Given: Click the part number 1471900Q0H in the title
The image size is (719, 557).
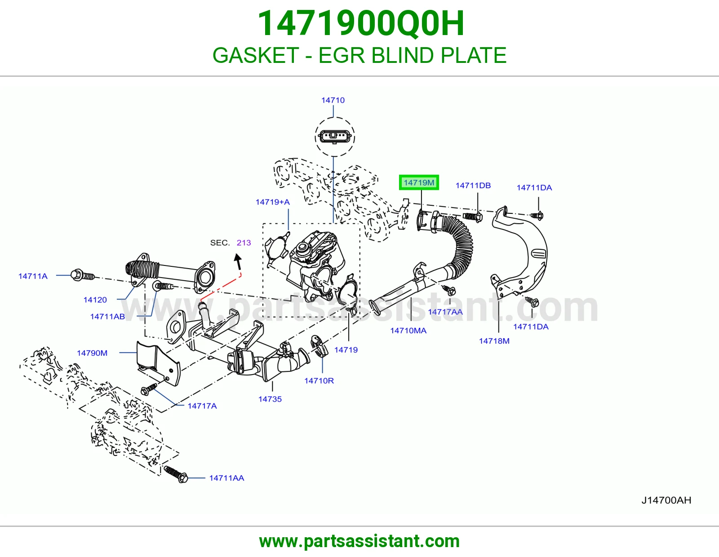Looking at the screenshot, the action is tap(361, 23).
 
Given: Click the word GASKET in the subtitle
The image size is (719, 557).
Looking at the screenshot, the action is tap(256, 55).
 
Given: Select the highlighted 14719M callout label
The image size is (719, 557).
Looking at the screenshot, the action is tap(419, 182).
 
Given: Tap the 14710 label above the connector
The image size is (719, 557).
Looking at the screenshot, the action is tap(333, 100).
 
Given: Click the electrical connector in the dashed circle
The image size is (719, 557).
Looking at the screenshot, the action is tap(334, 136).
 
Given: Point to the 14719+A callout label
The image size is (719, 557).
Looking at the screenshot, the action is tap(273, 202).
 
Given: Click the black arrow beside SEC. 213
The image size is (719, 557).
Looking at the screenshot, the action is tap(238, 261).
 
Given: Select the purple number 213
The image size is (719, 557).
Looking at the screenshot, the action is tap(244, 243).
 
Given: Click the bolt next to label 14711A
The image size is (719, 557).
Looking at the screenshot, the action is tap(83, 275).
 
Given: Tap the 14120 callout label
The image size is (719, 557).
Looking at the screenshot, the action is tap(95, 300).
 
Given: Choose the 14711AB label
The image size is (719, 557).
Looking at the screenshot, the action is tap(107, 317).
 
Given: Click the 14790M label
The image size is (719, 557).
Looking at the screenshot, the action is tap(92, 353).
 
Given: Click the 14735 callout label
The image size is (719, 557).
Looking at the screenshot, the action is tap(270, 399).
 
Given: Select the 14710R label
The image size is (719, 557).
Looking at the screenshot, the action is tap(319, 381).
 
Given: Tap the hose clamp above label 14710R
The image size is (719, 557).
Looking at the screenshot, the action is tap(319, 346).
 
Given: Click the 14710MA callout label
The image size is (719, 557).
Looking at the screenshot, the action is tap(408, 331).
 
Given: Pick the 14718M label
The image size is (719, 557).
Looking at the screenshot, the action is tap(494, 341).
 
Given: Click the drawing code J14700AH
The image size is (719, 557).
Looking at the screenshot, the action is tap(666, 500).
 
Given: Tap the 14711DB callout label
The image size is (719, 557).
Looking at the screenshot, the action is tap(473, 186).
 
